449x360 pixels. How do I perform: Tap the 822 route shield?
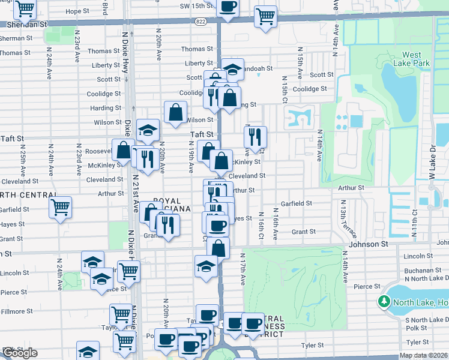click(200, 21)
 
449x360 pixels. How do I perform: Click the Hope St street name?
click(76, 11)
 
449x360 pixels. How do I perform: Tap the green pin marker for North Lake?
click(384, 301)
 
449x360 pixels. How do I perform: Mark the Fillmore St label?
click(16, 311)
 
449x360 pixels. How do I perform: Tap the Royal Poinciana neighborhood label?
click(172, 205)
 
